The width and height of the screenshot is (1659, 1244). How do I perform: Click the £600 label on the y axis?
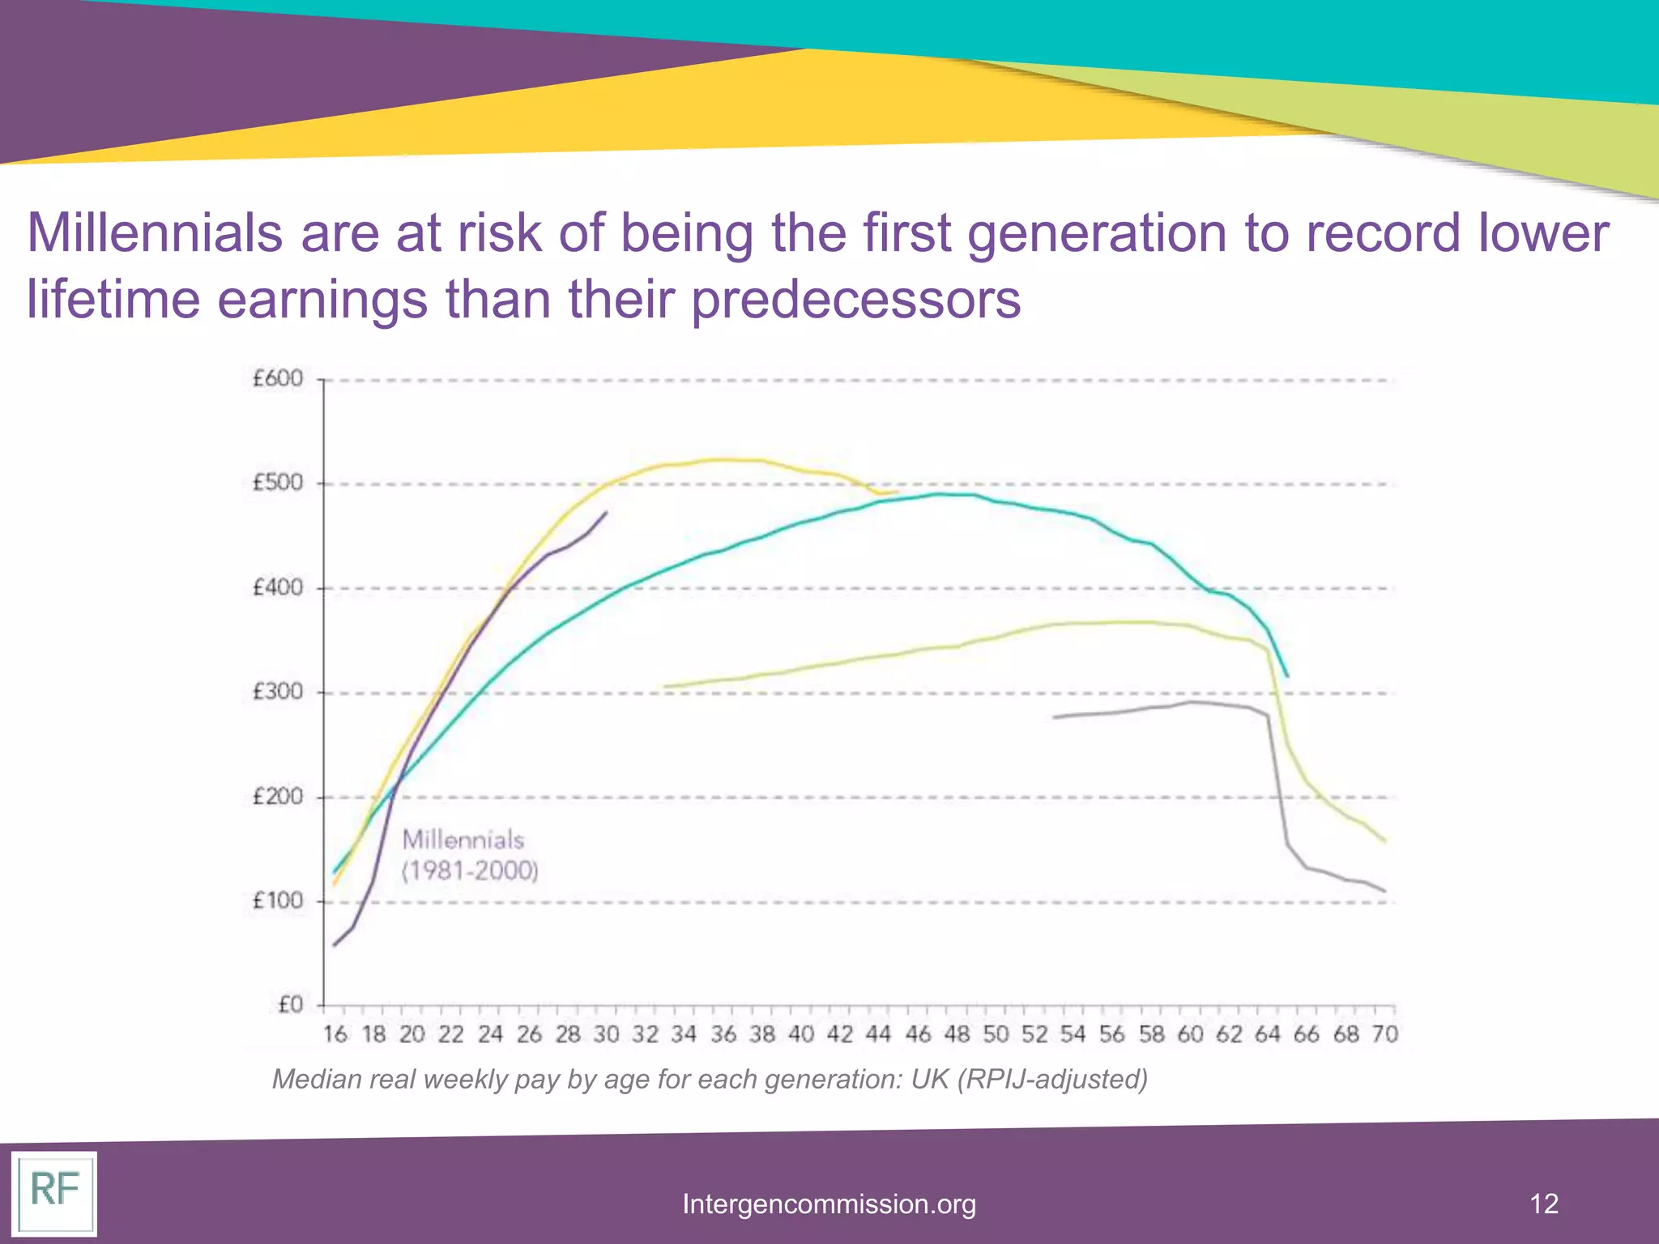coord(277,379)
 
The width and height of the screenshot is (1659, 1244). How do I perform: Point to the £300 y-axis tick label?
coord(277,692)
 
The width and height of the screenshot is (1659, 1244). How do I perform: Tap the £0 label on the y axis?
coord(289,1005)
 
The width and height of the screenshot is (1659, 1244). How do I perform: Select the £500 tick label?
coord(277,484)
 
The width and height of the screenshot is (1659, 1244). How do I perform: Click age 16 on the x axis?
coord(335,1034)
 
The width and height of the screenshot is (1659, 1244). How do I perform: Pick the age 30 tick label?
coord(606,1034)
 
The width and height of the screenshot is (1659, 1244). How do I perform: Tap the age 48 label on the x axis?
coord(957,1034)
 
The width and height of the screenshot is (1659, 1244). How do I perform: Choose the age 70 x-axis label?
coord(1385,1034)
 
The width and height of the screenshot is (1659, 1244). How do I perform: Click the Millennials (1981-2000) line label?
coord(469,855)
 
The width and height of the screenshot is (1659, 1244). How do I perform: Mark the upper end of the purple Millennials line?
coord(606,512)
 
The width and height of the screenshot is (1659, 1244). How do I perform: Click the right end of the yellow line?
coord(897,492)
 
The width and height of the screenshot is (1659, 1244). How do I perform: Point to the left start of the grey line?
coord(1054,718)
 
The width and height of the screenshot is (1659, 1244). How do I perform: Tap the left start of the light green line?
coord(665,687)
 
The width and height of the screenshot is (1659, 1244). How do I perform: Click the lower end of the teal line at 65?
coord(1287,676)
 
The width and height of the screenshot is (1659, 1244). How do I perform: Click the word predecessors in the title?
coord(855,300)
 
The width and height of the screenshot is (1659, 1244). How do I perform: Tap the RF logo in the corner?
coord(54,1192)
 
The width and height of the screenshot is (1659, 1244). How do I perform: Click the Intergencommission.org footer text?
coord(829,1204)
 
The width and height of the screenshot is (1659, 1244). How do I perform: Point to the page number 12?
coord(1544,1204)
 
